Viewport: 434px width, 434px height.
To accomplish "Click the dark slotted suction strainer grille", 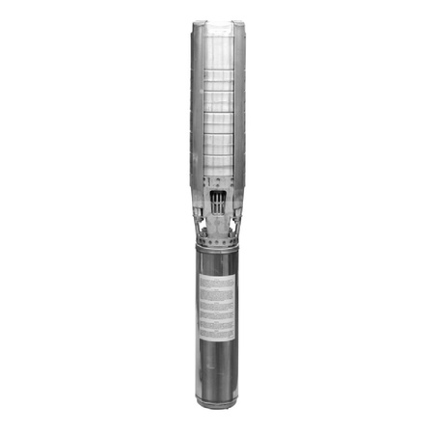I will (x=217, y=202).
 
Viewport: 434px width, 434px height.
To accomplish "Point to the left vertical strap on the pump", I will (x=197, y=106).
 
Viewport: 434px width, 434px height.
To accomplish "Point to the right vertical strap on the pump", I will (x=238, y=106).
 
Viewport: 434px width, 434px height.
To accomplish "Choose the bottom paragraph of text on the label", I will (x=217, y=323).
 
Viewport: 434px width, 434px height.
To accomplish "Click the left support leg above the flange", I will (x=203, y=217).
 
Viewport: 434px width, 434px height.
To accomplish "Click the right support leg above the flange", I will (x=231, y=217).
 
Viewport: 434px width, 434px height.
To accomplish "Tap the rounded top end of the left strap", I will (x=197, y=25).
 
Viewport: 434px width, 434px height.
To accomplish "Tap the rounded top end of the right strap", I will (x=238, y=25).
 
